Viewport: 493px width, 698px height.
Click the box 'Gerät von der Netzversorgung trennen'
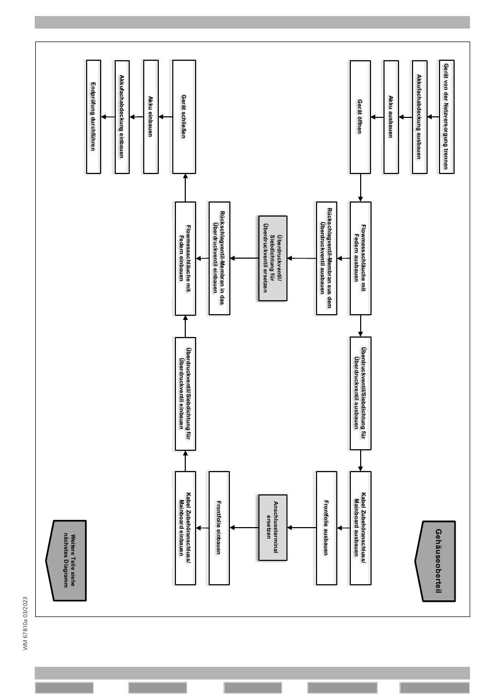pyautogui.click(x=446, y=117)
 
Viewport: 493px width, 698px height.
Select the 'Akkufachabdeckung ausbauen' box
pyautogui.click(x=419, y=117)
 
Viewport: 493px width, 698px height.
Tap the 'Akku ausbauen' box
pyautogui.click(x=391, y=117)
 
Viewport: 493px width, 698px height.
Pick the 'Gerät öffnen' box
pyautogui.click(x=360, y=117)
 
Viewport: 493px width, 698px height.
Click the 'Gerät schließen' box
pyautogui.click(x=184, y=117)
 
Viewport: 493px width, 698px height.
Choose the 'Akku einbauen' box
pyautogui.click(x=150, y=117)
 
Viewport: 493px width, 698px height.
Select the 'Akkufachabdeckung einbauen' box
pyautogui.click(x=121, y=117)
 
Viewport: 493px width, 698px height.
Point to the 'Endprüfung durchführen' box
pyautogui.click(x=93, y=117)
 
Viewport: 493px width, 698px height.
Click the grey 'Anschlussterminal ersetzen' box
pyautogui.click(x=272, y=528)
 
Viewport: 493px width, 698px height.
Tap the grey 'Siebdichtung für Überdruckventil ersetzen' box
pyautogui.click(x=272, y=258)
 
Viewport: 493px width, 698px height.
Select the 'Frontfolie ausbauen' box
pyautogui.click(x=326, y=528)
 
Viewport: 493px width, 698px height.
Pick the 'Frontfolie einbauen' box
pyautogui.click(x=218, y=528)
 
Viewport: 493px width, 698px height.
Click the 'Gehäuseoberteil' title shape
pyautogui.click(x=436, y=561)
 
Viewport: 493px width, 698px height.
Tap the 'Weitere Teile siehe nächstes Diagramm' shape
pyautogui.click(x=67, y=560)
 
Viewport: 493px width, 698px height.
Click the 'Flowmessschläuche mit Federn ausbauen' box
pyautogui.click(x=360, y=258)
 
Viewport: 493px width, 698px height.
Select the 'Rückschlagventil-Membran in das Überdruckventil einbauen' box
pyautogui.click(x=218, y=258)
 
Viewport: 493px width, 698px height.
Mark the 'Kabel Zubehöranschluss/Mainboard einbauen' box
pyautogui.click(x=185, y=528)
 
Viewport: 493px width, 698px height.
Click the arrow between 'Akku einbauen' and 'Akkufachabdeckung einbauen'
pyautogui.click(x=136, y=117)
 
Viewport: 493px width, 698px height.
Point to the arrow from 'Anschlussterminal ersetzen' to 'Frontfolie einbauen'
pyautogui.click(x=244, y=528)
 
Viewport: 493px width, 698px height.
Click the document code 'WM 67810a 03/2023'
pyautogui.click(x=25, y=623)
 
